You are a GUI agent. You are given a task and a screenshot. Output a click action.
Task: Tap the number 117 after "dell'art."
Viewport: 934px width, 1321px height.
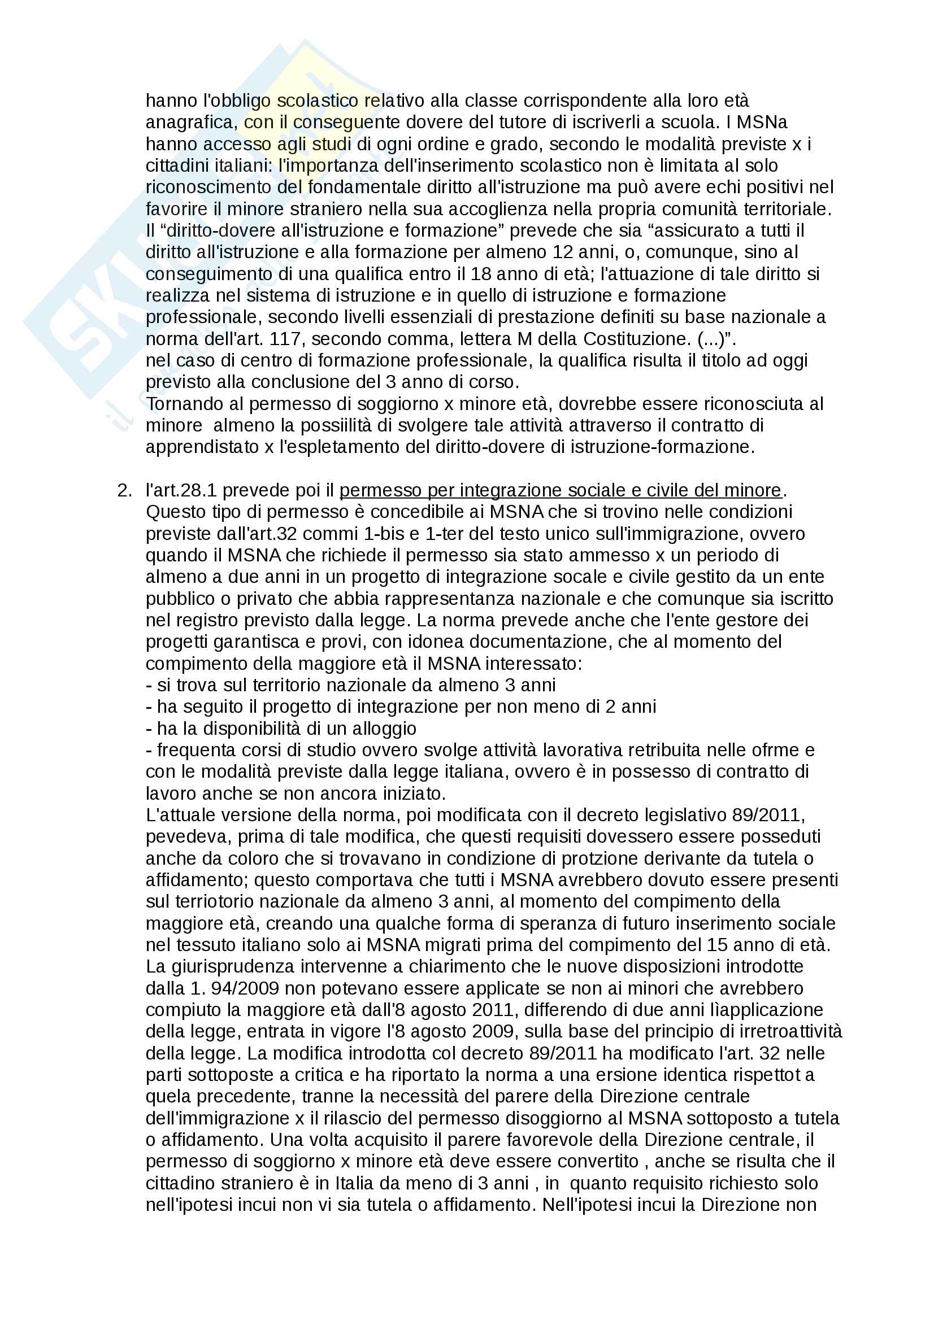(x=286, y=339)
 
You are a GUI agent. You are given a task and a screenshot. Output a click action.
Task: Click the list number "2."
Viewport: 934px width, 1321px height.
(x=124, y=490)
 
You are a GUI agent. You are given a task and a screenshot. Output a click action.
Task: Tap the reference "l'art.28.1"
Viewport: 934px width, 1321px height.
(x=181, y=490)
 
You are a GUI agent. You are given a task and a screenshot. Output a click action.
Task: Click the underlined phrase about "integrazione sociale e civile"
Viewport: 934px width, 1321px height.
(x=561, y=490)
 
